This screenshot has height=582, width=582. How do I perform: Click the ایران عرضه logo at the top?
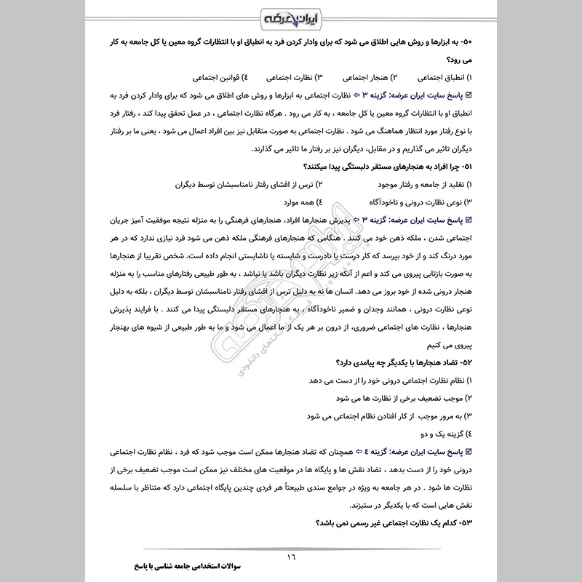290,17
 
